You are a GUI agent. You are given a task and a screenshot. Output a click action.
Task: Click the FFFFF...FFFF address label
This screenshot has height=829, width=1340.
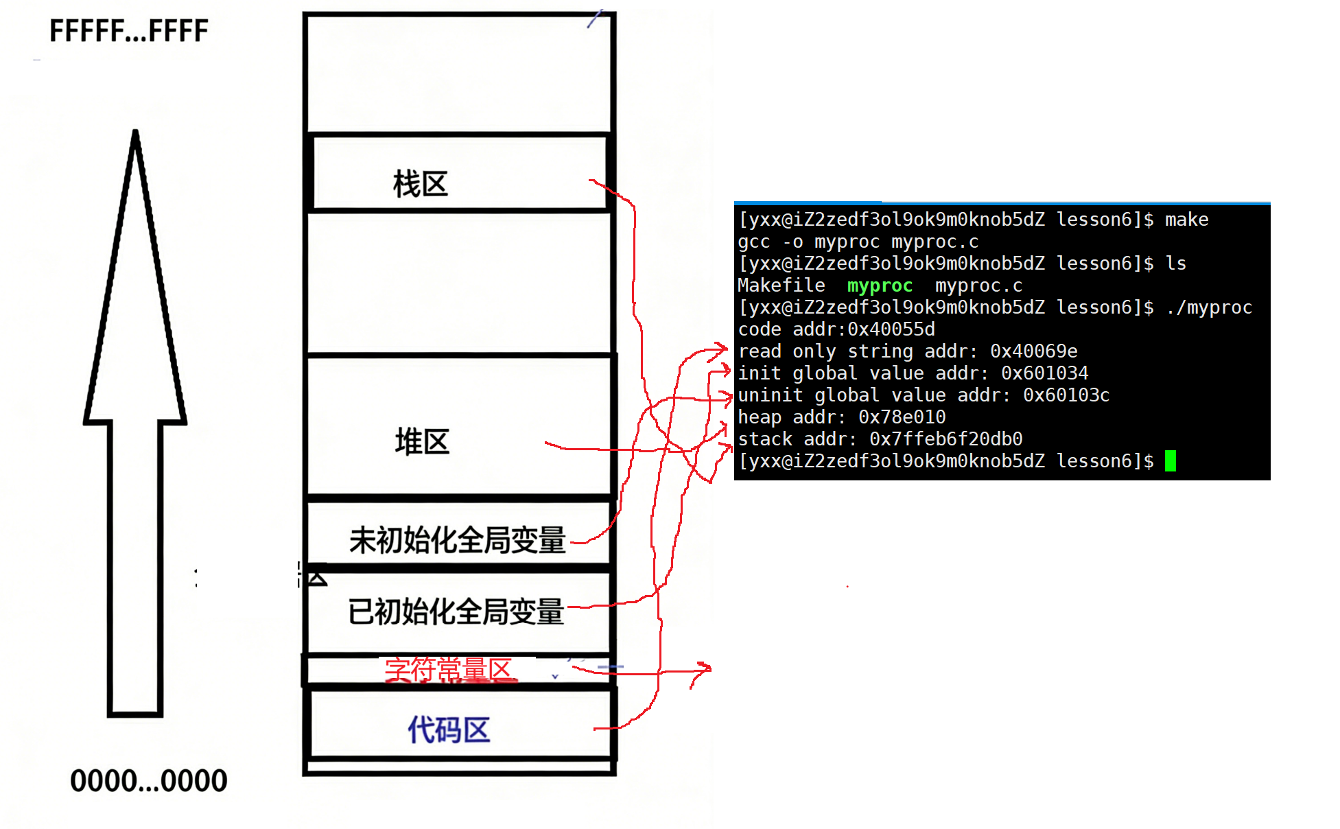pos(129,31)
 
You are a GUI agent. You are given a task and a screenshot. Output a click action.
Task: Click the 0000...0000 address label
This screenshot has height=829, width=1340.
pos(148,780)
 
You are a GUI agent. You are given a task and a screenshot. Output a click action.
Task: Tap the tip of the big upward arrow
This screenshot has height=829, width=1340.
pos(135,133)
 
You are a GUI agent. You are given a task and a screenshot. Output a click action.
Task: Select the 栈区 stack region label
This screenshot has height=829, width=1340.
pos(420,184)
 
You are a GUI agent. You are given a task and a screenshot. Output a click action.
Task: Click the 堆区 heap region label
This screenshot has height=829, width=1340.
pos(422,441)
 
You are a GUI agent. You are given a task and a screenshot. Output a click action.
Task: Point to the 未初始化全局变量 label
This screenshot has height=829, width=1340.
pos(457,540)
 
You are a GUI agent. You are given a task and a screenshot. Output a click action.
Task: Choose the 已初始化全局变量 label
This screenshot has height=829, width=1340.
pos(456,611)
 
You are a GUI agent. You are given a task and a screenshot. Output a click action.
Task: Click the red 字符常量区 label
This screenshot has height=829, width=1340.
pos(449,670)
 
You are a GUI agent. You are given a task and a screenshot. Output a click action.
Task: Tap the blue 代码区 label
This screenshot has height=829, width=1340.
pos(449,729)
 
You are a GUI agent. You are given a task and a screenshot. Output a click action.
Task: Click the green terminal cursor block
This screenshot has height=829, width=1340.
pos(1170,460)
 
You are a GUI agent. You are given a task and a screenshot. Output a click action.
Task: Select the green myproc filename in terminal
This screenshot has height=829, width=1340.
pos(880,285)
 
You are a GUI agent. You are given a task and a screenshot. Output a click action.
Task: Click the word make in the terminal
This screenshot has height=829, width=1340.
pos(1186,220)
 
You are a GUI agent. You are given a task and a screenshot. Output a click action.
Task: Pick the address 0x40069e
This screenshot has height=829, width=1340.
pos(1033,351)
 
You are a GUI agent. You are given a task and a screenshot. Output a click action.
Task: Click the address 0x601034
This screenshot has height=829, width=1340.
pos(1044,373)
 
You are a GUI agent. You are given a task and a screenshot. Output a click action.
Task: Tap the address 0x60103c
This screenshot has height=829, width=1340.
pos(1066,395)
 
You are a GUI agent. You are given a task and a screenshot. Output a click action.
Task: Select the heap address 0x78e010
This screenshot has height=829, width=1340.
pos(902,417)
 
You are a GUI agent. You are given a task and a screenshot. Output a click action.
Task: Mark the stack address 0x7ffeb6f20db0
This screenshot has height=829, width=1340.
pos(945,439)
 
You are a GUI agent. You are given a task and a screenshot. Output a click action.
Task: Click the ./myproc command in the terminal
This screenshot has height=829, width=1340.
pos(1209,307)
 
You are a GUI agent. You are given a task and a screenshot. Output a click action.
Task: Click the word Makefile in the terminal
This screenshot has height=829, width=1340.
pos(781,285)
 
